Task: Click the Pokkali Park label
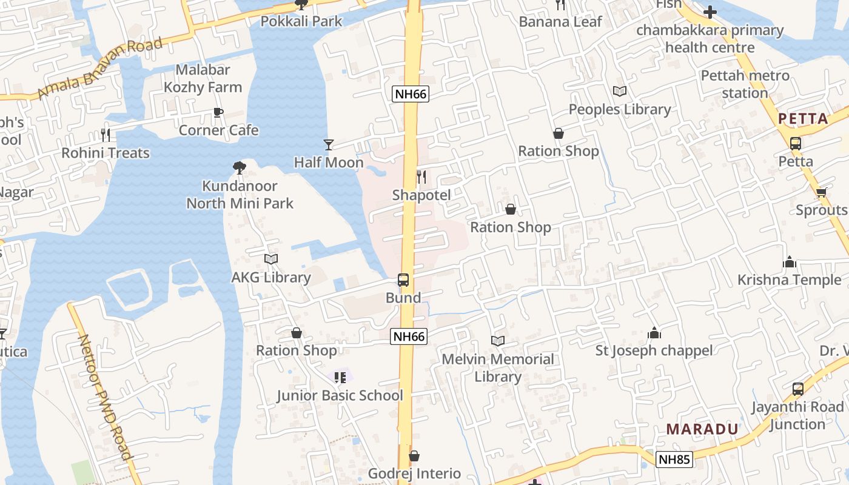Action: [301, 21]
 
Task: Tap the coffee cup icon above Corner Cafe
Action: [218, 113]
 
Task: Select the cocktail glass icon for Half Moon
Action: [329, 144]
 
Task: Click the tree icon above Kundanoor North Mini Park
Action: [240, 167]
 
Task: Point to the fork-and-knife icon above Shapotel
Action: [421, 177]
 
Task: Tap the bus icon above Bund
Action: [403, 279]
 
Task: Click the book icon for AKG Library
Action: [271, 259]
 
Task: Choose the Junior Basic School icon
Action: [340, 378]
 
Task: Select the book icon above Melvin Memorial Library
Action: [498, 341]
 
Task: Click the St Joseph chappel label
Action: [654, 350]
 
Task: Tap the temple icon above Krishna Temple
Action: [790, 262]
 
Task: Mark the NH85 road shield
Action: [674, 460]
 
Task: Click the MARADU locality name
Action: [702, 429]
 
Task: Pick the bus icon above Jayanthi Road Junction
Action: [798, 389]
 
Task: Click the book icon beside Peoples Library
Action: [620, 92]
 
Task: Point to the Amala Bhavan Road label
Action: [100, 67]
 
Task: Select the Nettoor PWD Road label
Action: [104, 398]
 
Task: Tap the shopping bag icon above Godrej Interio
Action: [414, 456]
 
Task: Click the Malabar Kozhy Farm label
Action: [203, 78]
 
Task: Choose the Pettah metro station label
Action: [745, 84]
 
